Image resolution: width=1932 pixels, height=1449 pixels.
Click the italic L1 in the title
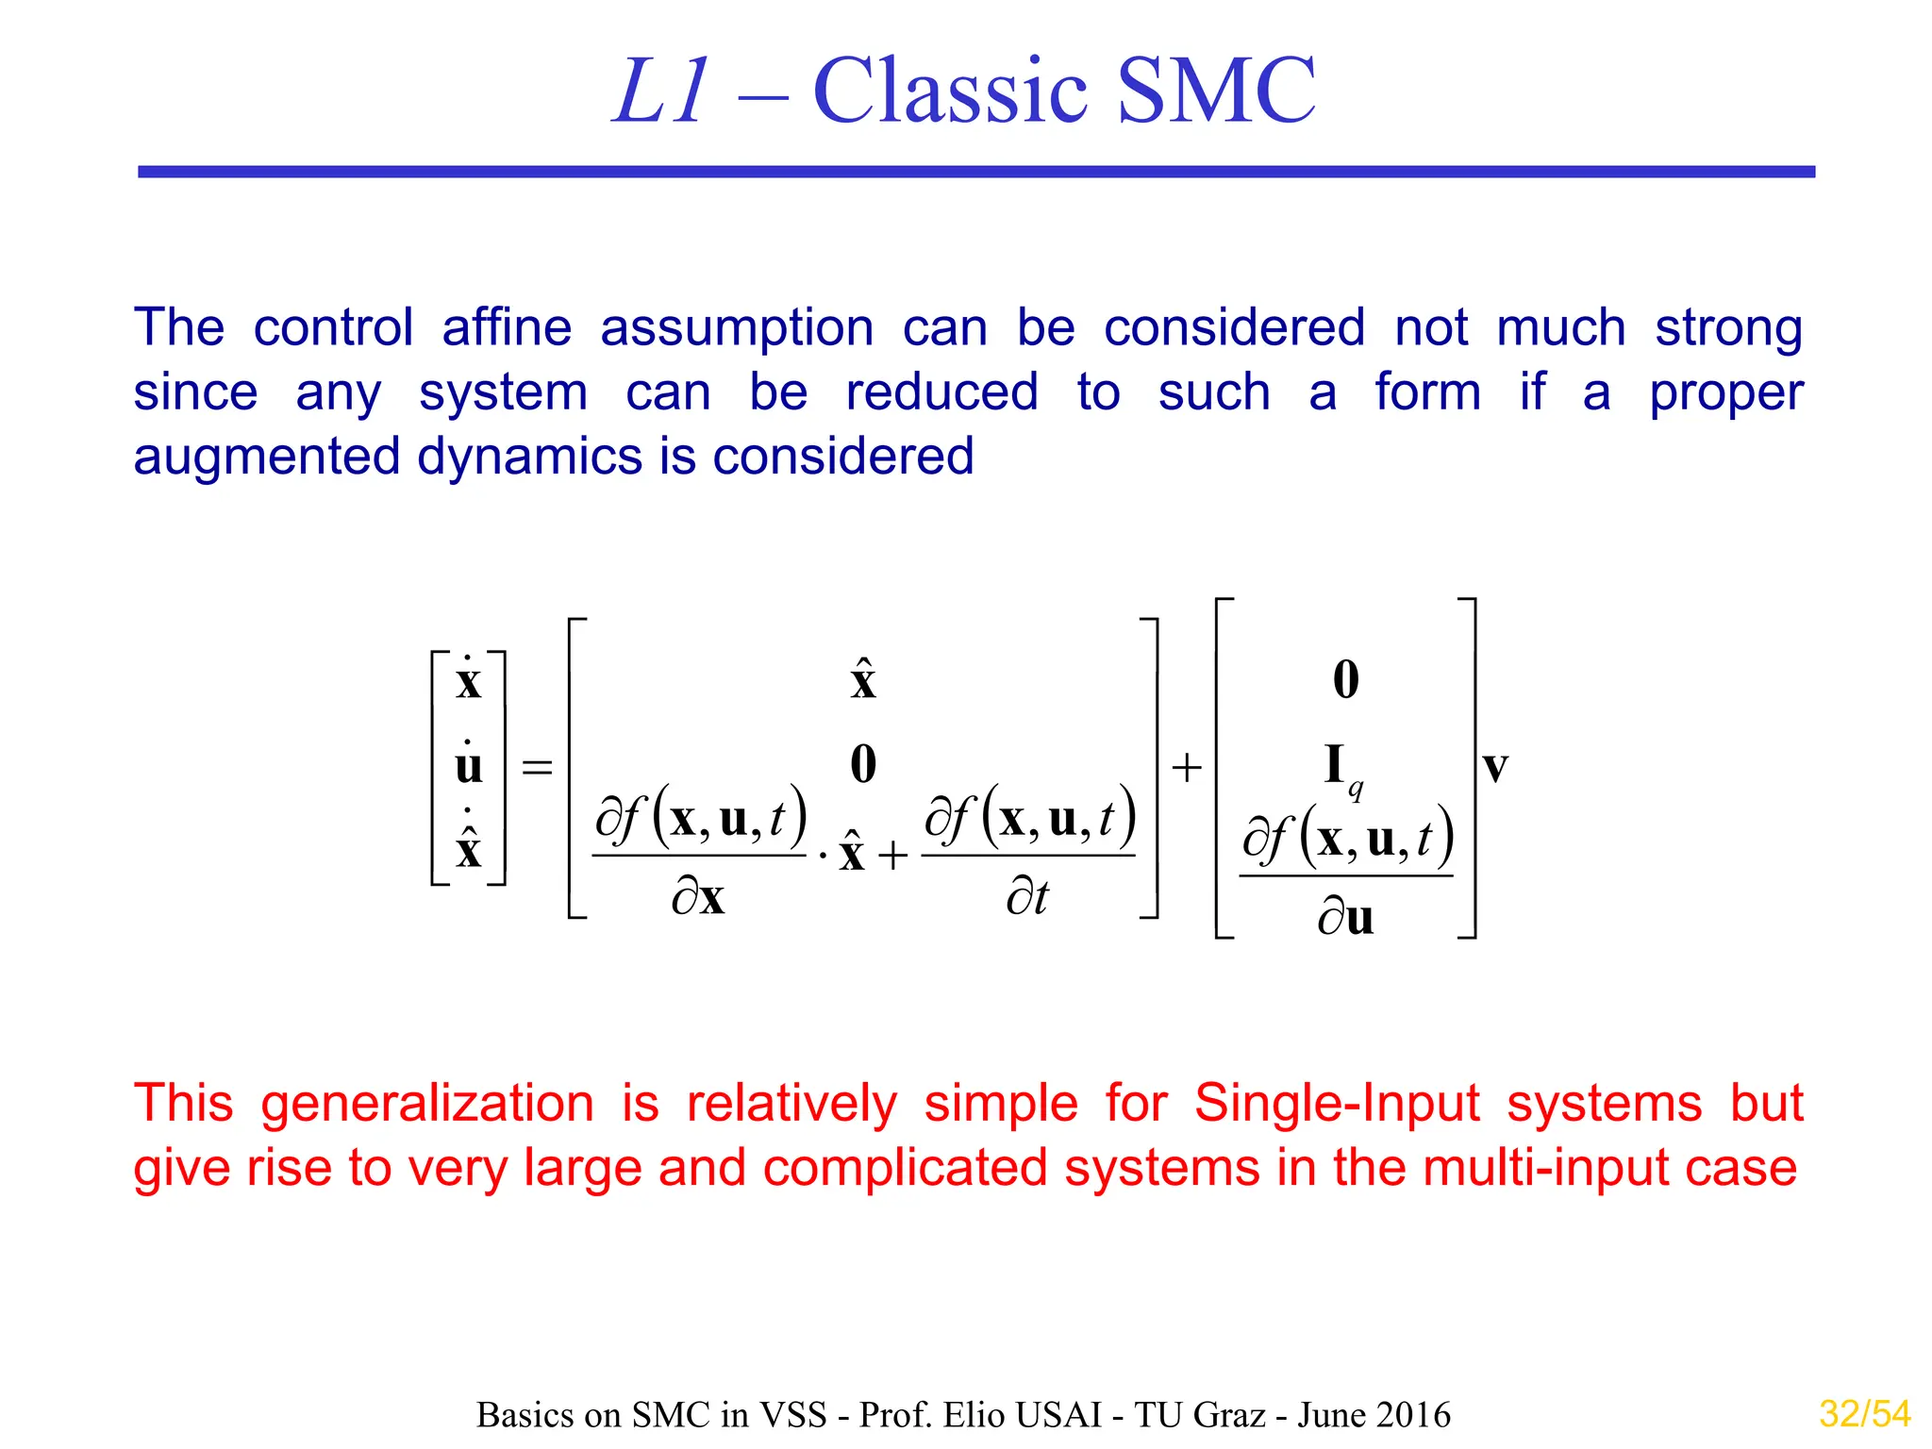660,92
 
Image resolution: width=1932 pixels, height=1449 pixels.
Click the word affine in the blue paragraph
507,327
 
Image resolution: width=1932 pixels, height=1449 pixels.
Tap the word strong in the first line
1728,327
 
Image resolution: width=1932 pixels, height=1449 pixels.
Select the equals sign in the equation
537,767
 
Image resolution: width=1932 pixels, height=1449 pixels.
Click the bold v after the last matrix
1495,766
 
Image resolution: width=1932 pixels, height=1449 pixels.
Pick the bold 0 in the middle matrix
863,764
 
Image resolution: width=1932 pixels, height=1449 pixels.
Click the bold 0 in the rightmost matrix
1346,679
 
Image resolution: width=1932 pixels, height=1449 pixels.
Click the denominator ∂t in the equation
1027,896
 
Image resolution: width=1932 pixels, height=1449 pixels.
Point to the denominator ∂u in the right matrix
1346,916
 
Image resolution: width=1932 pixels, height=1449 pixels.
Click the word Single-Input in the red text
1337,1103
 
